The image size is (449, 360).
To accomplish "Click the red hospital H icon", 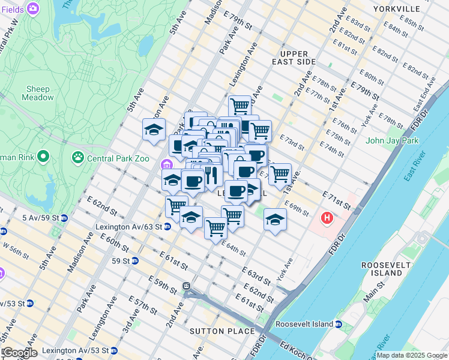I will coord(327,217).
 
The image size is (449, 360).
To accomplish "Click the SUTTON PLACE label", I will coord(223,331).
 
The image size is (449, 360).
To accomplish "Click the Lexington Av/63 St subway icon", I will coord(167,227).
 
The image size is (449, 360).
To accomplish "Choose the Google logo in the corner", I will coord(19,353).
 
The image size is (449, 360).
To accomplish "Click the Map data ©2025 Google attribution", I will coord(411,355).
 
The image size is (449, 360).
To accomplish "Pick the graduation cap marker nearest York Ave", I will coord(275,220).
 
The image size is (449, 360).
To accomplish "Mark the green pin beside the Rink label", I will coord(42,158).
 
